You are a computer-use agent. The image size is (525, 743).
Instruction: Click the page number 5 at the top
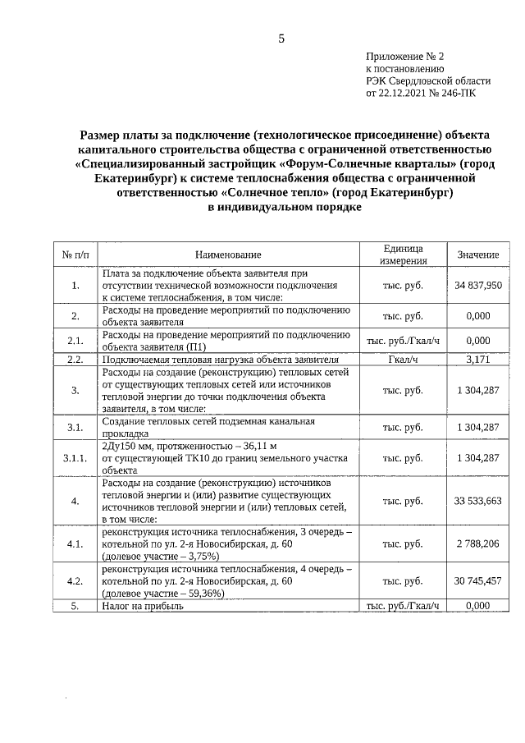(x=281, y=39)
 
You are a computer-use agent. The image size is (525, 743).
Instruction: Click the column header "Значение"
(x=477, y=255)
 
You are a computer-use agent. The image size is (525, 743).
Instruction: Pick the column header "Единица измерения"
(x=403, y=255)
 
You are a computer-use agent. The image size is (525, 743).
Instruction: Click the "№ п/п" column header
(x=75, y=255)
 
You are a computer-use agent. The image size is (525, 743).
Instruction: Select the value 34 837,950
(x=477, y=285)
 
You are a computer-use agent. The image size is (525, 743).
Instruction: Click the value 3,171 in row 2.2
(x=477, y=360)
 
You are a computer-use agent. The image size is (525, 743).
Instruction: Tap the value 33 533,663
(x=477, y=500)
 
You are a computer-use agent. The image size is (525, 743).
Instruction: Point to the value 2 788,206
(x=477, y=543)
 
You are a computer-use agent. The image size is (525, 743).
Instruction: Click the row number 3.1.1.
(x=75, y=458)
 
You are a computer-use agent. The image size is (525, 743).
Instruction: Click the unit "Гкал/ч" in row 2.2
(x=403, y=360)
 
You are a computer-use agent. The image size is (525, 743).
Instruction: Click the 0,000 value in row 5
(x=477, y=606)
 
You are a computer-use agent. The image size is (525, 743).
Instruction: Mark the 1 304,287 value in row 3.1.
(x=477, y=427)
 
